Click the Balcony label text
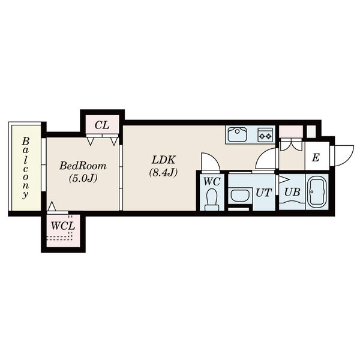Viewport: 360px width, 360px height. [x=26, y=167]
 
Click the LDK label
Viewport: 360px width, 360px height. [x=162, y=160]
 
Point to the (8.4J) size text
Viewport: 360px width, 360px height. [x=162, y=173]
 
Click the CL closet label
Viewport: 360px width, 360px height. [x=101, y=125]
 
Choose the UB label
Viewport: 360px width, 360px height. [x=292, y=193]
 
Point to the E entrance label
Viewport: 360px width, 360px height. [x=316, y=159]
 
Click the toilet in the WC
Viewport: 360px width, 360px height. [x=211, y=199]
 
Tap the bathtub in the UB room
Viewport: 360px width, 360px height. [x=317, y=193]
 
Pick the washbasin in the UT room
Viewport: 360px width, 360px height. [x=241, y=195]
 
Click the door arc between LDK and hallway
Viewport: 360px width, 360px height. [x=265, y=159]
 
